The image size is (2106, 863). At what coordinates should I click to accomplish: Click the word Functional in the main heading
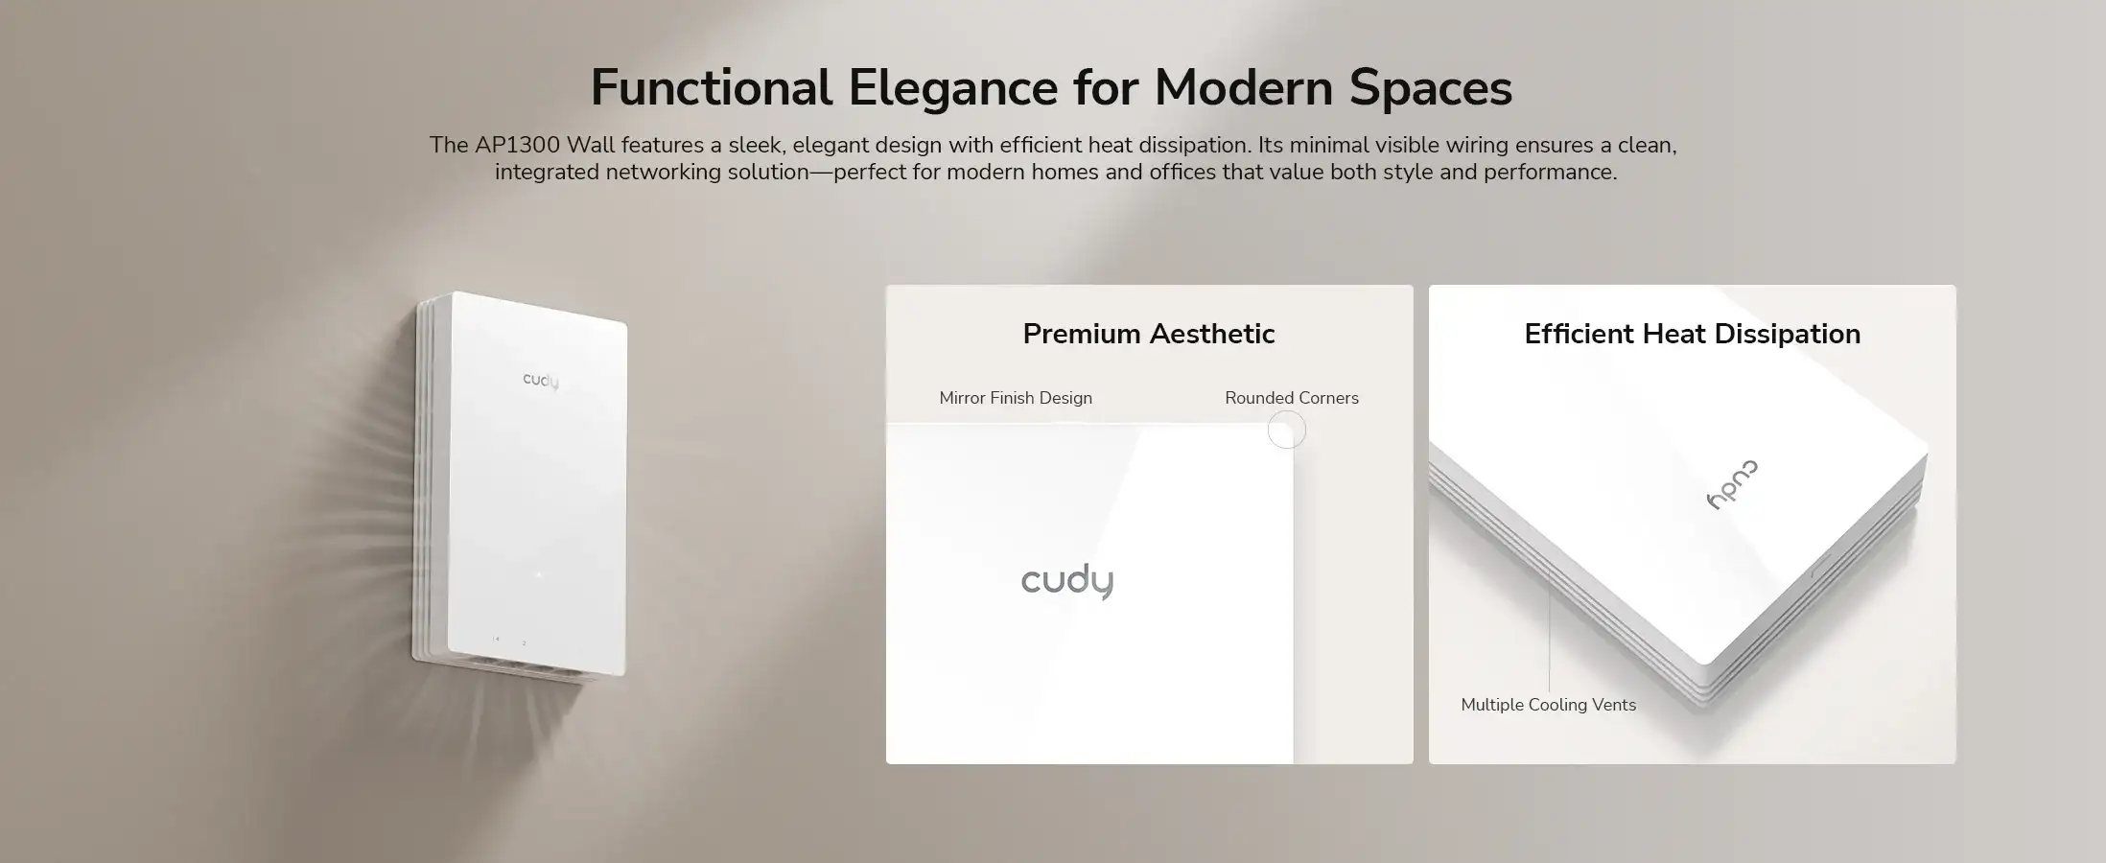[x=711, y=87]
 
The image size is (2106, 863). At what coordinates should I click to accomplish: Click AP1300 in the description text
[x=517, y=145]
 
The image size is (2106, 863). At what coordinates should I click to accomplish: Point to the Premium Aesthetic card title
[x=1149, y=334]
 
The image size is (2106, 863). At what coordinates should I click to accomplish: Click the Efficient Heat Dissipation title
[x=1693, y=334]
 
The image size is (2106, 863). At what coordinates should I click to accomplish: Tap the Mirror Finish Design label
[x=1016, y=398]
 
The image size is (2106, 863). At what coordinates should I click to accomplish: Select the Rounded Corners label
[x=1292, y=398]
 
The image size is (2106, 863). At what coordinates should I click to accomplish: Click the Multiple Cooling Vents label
[x=1549, y=705]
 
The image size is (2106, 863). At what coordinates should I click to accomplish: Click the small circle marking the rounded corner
[x=1287, y=411]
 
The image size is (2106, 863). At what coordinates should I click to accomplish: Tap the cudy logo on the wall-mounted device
[x=541, y=381]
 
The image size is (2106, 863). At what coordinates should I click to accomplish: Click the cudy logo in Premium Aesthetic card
[x=1067, y=581]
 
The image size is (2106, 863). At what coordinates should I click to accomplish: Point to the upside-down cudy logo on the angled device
[x=1733, y=484]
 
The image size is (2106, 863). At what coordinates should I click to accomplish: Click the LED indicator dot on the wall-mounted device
[x=538, y=574]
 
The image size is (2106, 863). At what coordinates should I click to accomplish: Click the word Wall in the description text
[x=590, y=145]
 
